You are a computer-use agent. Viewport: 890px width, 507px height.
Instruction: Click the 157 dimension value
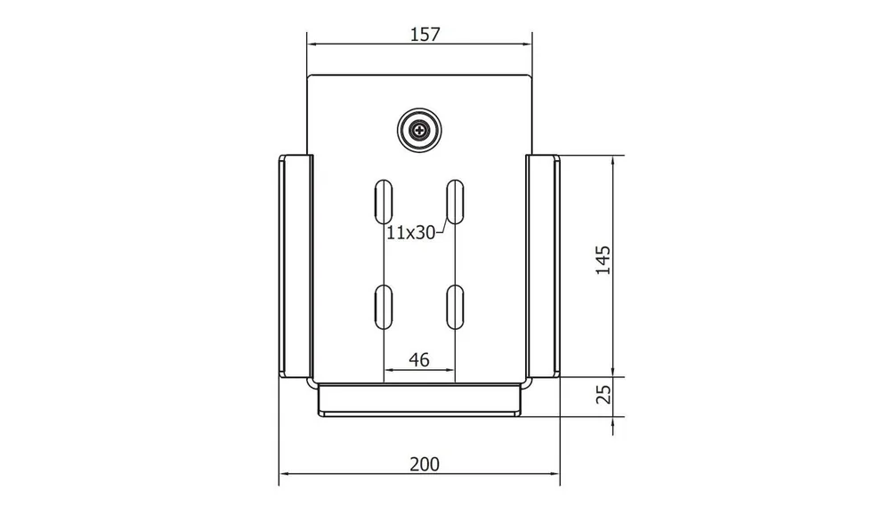[x=425, y=35]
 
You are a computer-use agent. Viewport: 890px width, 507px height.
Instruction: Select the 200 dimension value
[x=425, y=464]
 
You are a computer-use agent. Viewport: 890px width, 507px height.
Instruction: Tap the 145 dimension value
[x=603, y=261]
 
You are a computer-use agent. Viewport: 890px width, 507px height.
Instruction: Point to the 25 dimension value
[x=604, y=394]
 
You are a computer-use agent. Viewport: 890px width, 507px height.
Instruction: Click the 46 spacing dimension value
[x=419, y=359]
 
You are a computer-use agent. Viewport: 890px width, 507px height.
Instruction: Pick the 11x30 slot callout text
[x=411, y=232]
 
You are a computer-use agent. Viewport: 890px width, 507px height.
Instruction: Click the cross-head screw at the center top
[x=419, y=131]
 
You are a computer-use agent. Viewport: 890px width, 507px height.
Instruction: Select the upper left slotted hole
[x=384, y=202]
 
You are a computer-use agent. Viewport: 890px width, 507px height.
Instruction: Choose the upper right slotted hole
[x=455, y=202]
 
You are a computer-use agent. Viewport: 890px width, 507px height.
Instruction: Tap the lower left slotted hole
[x=384, y=307]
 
